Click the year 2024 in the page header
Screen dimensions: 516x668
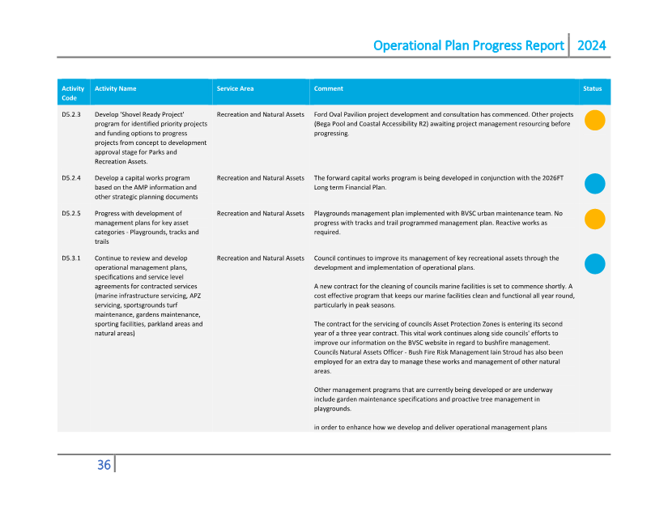(591, 45)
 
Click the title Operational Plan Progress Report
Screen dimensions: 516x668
(468, 45)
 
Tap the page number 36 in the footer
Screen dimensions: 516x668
(104, 465)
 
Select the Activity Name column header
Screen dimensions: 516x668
(115, 88)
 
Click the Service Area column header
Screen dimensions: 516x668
(235, 88)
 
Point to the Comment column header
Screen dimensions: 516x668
(328, 88)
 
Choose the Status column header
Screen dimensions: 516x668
(593, 88)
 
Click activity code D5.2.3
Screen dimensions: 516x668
(71, 114)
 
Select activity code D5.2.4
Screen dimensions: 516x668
(71, 177)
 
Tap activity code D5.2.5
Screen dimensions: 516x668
(71, 214)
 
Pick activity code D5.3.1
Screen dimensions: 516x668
(71, 258)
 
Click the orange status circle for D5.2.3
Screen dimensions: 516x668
(595, 121)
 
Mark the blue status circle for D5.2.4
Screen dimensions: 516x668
(595, 184)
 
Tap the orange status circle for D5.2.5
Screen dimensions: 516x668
(595, 220)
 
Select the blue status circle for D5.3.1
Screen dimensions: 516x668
(595, 264)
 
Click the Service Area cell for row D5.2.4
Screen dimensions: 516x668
(260, 177)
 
